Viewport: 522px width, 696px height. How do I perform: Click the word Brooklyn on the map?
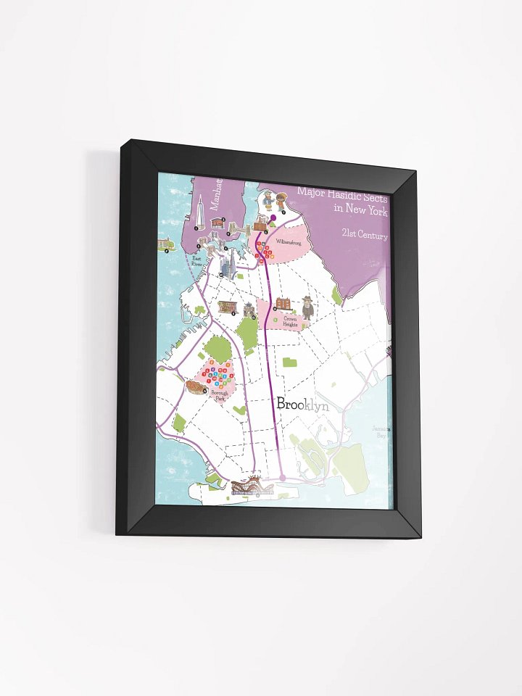[302, 405]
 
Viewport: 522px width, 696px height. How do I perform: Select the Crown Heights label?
[291, 322]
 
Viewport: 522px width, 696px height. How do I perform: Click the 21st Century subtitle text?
[366, 236]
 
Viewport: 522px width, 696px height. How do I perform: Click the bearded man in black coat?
[308, 308]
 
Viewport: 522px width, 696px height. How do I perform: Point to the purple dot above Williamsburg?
[274, 217]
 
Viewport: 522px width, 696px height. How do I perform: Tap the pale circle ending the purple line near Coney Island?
[282, 477]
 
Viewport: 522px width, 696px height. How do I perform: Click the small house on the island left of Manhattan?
[166, 244]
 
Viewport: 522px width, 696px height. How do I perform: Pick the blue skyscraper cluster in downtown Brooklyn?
[227, 266]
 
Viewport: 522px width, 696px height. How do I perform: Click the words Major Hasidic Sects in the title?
[342, 196]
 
